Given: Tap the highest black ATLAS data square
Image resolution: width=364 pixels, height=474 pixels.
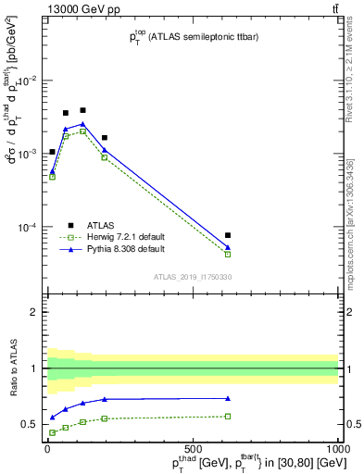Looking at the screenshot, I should pyautogui.click(x=82, y=110).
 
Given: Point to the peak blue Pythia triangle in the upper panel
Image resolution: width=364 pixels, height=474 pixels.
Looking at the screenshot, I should pyautogui.click(x=82, y=123).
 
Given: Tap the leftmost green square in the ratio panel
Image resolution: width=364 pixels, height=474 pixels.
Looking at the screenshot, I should pyautogui.click(x=52, y=432).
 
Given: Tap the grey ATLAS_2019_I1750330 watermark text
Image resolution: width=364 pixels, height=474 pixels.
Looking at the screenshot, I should pyautogui.click(x=193, y=277).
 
